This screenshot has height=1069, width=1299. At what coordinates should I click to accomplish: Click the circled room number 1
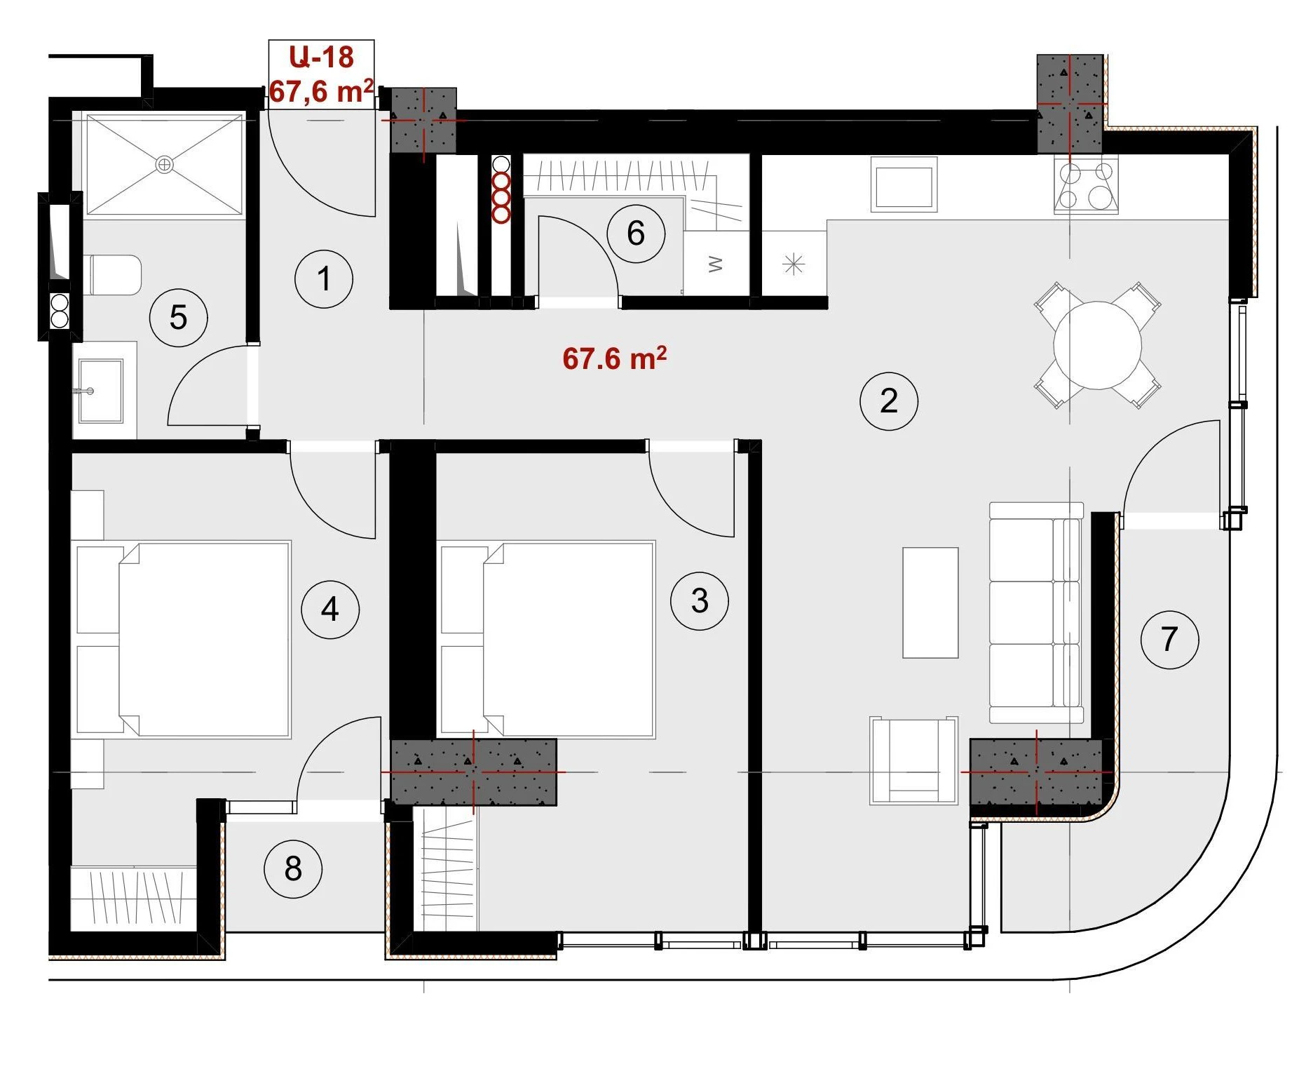(323, 279)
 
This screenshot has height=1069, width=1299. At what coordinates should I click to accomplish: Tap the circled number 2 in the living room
(888, 401)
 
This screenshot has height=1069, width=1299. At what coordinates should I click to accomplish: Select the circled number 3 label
(699, 600)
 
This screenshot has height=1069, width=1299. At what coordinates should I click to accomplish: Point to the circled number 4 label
(329, 609)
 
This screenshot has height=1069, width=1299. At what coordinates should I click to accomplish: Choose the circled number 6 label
(635, 234)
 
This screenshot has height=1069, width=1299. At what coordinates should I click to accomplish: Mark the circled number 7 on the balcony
(1169, 639)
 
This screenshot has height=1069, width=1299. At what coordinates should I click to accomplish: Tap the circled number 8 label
(292, 868)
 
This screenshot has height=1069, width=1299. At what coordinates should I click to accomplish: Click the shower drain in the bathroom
(164, 165)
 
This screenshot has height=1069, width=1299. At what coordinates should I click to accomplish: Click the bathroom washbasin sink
(101, 391)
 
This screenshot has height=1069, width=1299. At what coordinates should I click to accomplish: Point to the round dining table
(1097, 345)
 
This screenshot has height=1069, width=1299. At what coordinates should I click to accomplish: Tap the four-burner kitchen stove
(1085, 185)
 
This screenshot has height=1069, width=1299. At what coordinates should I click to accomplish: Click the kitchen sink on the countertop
(904, 184)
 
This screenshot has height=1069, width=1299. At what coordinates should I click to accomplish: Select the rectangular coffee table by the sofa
(930, 603)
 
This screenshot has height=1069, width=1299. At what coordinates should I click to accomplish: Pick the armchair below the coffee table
(913, 760)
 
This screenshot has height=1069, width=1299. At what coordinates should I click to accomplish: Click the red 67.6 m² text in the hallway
(614, 358)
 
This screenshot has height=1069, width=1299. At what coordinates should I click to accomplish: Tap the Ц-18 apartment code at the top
(321, 57)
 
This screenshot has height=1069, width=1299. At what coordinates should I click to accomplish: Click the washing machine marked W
(716, 264)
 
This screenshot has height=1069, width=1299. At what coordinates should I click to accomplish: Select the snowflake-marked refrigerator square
(794, 264)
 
